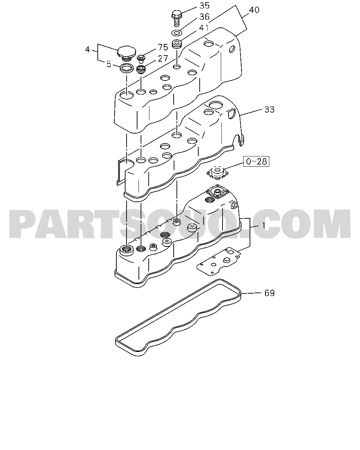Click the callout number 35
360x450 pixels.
204,6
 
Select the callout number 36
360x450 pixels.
204,17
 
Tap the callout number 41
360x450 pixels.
204,28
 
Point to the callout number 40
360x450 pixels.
254,10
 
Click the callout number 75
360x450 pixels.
163,47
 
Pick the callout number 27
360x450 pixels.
163,59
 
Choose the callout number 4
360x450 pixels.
88,50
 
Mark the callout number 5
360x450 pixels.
109,64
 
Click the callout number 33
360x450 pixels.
269,109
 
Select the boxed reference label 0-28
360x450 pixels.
256,161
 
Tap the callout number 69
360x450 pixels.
269,293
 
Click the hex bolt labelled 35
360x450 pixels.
176,18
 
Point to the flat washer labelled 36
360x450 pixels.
176,33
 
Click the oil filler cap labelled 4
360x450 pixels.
126,54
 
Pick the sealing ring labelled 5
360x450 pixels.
127,69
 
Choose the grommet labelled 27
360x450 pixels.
141,70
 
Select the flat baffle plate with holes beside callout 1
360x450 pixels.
219,262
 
